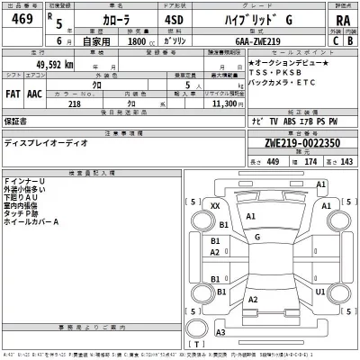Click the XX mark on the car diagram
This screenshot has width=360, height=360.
click(214, 206)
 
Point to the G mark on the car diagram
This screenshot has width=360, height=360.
click(257, 237)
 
